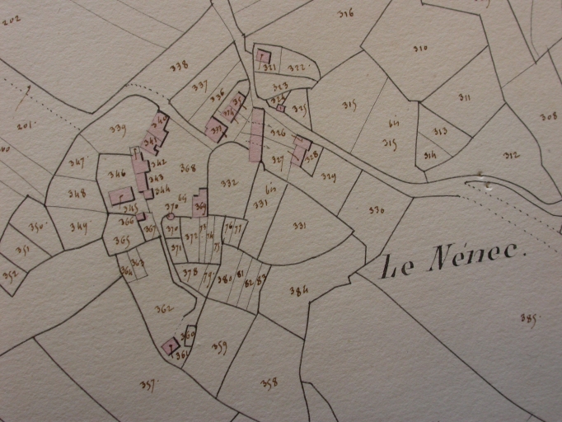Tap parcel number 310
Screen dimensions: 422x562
(x=421, y=49)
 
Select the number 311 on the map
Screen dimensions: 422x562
(x=465, y=98)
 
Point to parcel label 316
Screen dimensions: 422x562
(x=346, y=12)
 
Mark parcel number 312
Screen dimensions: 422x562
(x=511, y=155)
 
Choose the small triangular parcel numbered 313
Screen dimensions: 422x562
(x=440, y=130)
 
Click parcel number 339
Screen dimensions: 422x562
(x=117, y=128)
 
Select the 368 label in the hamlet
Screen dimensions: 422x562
(x=188, y=167)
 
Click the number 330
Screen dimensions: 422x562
(x=377, y=210)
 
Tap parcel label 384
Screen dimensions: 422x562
(x=299, y=289)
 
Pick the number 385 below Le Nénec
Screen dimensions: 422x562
(x=528, y=318)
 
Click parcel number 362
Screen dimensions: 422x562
(x=164, y=309)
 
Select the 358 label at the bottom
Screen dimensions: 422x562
(x=269, y=382)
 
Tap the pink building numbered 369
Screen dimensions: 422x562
(x=200, y=203)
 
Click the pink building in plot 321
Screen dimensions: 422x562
(x=264, y=57)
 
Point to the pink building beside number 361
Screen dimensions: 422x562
(x=171, y=346)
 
